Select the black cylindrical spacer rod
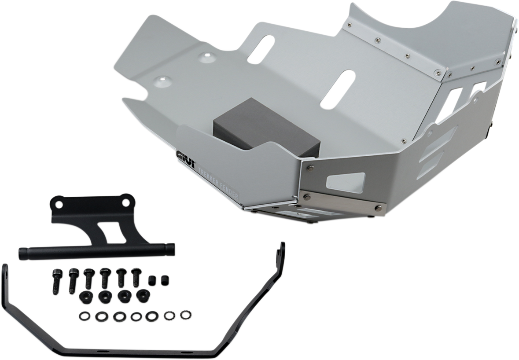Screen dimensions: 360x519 click(96, 252)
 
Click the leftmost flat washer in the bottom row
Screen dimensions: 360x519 click(83, 316)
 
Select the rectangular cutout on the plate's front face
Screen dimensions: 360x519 click(346, 181)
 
